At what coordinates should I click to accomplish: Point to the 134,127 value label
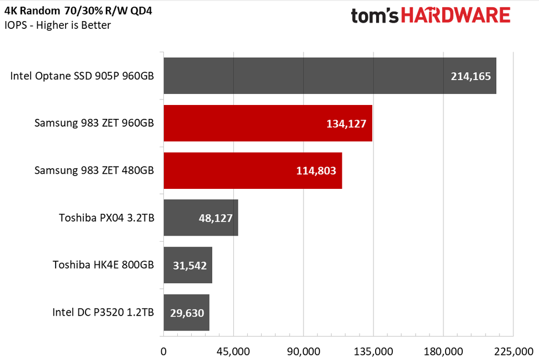[346, 123]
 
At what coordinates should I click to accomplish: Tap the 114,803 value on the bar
[316, 171]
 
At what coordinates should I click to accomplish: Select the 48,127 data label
[215, 218]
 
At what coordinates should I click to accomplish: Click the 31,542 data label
[189, 266]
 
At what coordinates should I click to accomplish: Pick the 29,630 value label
[187, 313]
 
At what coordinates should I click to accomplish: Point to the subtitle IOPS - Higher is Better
[58, 26]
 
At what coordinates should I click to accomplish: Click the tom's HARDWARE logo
[430, 15]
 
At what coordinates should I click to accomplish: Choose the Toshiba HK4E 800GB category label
[103, 265]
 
